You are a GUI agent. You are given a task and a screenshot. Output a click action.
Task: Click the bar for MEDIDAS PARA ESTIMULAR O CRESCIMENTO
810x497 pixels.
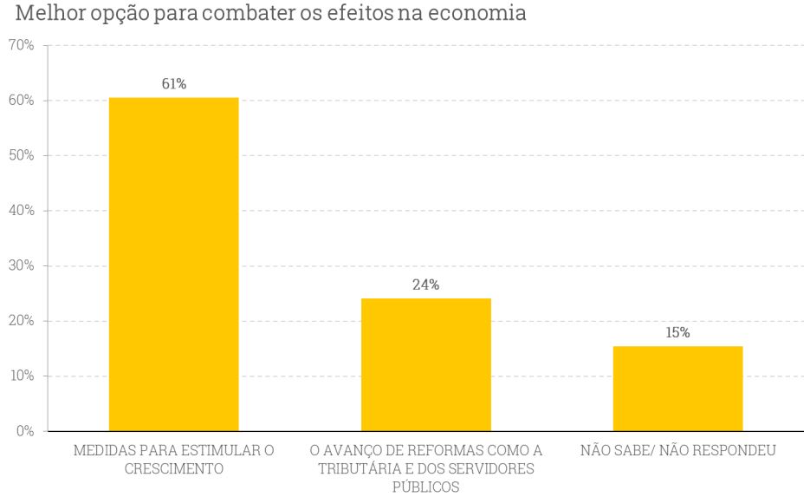tap(173, 264)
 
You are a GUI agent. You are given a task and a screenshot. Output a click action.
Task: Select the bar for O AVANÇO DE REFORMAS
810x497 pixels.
tap(425, 364)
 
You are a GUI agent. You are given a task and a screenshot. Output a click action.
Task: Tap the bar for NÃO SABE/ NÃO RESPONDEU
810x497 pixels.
tap(677, 388)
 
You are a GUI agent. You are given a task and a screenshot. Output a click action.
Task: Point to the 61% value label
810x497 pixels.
tap(173, 84)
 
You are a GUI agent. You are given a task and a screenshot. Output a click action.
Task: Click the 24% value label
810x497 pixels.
tap(425, 284)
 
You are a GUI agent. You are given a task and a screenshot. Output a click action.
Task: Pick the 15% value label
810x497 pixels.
tap(677, 332)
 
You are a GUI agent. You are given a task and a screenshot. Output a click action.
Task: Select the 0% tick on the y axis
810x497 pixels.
tap(23, 430)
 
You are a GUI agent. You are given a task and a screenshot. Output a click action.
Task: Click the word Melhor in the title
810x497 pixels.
tap(37, 15)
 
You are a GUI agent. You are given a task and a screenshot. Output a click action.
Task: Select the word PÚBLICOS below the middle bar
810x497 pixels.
tap(425, 487)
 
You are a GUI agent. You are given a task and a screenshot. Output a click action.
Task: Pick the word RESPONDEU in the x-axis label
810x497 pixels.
tap(731, 451)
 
